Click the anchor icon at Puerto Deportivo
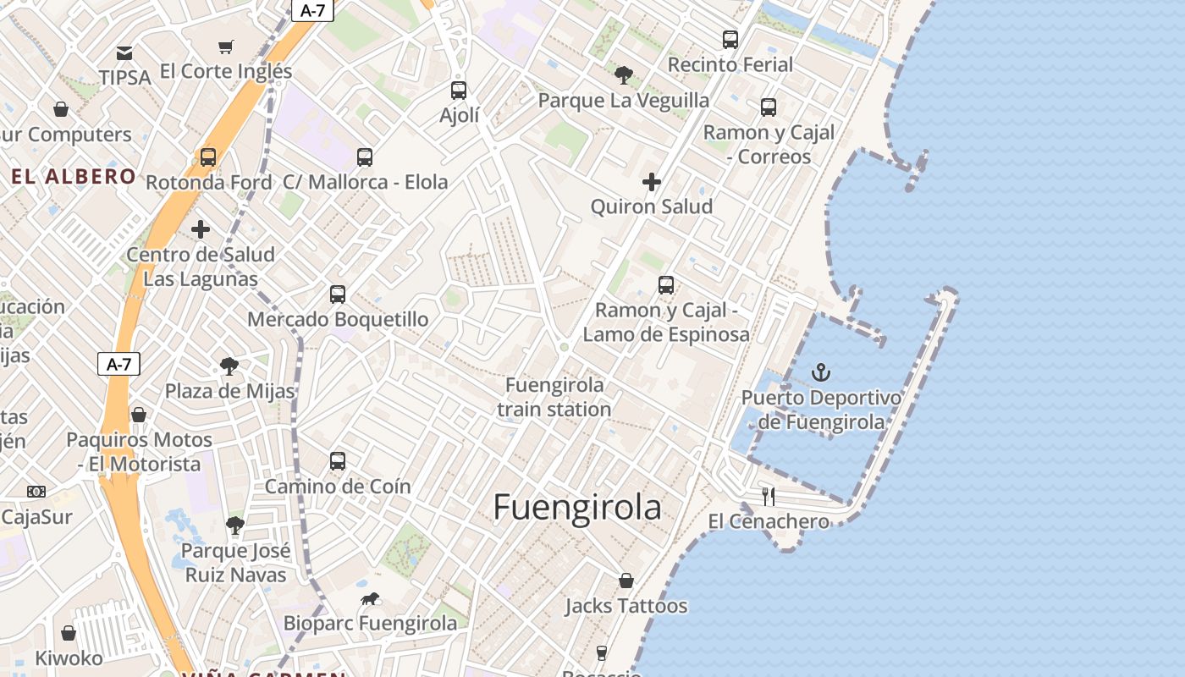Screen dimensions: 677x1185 (820, 372)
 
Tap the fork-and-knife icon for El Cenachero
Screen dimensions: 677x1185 (769, 496)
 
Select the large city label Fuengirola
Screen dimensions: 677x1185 (577, 507)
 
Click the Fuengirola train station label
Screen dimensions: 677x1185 (554, 397)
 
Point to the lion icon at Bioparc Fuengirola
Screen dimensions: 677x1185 (370, 599)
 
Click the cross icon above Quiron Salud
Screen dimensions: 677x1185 (652, 182)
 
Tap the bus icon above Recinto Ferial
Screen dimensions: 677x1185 (730, 40)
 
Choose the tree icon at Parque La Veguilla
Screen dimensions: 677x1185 (624, 75)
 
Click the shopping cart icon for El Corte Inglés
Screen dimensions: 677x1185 (225, 47)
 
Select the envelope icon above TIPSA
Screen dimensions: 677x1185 (124, 53)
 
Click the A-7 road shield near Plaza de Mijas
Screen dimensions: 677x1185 (118, 365)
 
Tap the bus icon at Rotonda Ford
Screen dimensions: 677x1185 (208, 157)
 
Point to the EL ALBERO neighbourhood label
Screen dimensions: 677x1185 (74, 176)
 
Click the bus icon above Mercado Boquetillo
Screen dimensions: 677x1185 (338, 294)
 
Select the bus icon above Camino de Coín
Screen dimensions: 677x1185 (338, 461)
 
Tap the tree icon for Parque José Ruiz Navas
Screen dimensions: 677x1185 (235, 526)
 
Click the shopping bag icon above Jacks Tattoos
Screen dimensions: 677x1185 (626, 581)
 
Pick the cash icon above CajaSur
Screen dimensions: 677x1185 (36, 492)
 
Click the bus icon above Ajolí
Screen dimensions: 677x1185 (459, 91)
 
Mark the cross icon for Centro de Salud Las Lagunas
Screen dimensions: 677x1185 (201, 229)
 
